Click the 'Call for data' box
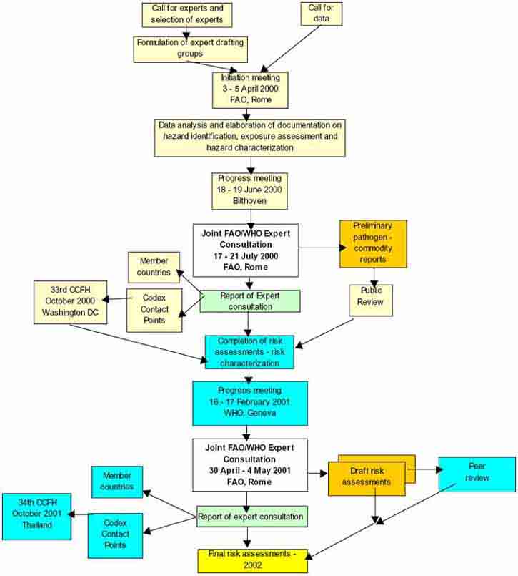click(x=320, y=14)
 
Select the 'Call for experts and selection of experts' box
click(x=187, y=14)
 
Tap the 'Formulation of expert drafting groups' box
click(x=189, y=49)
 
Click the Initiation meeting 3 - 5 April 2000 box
click(x=250, y=87)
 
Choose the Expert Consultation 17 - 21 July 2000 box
click(x=245, y=250)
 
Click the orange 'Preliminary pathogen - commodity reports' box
click(x=373, y=244)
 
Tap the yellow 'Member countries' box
click(x=154, y=267)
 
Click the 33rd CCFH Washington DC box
click(x=70, y=303)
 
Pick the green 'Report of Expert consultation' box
click(x=250, y=301)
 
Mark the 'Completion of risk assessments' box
click(x=249, y=352)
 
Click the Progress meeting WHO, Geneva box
click(x=249, y=403)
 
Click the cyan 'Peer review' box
click(x=477, y=474)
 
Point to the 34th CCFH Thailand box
click(x=36, y=515)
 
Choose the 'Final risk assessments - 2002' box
click(x=252, y=561)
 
